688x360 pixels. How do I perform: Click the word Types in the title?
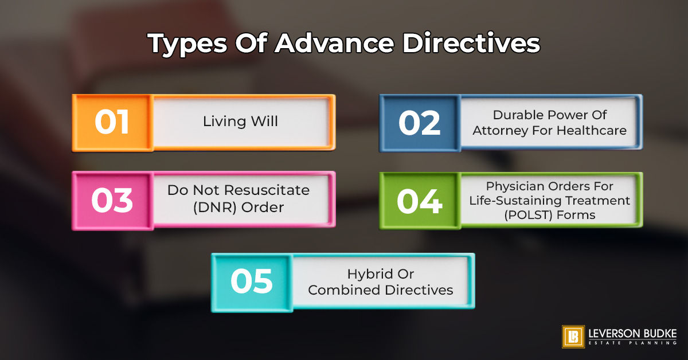pos(187,44)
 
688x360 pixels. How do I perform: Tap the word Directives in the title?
pos(471,42)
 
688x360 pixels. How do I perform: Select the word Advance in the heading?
pos(334,42)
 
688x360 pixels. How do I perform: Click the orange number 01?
pos(112,122)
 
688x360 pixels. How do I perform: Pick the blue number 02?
pos(420,123)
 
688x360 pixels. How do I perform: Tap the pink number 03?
pos(112,200)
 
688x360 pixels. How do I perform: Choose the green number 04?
pos(420,201)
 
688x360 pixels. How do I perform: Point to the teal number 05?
pos(252,281)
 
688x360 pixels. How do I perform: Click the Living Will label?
pos(240,121)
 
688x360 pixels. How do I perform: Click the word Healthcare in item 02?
pos(592,131)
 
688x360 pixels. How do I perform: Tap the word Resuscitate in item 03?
pos(267,190)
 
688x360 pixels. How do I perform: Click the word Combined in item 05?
pos(345,290)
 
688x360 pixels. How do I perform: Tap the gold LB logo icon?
pos(573,336)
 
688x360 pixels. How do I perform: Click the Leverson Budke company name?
pos(633,334)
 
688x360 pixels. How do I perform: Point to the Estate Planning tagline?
pos(633,343)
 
